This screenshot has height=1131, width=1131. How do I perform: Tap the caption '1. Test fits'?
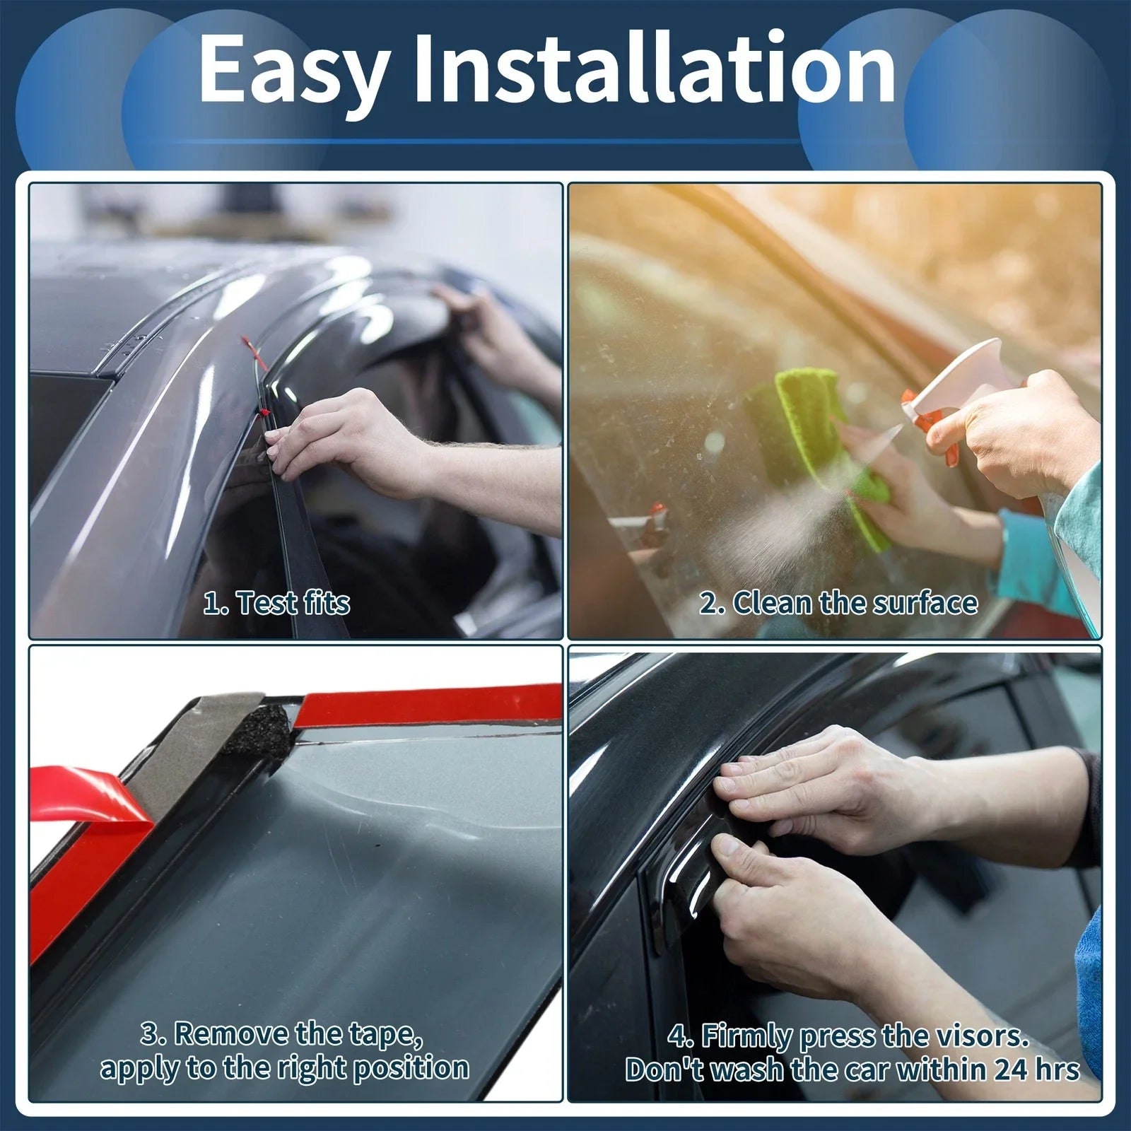coord(276,603)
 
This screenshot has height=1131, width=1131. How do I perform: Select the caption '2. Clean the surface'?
coord(839,603)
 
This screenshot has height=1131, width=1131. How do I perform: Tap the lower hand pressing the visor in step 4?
coord(785,898)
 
